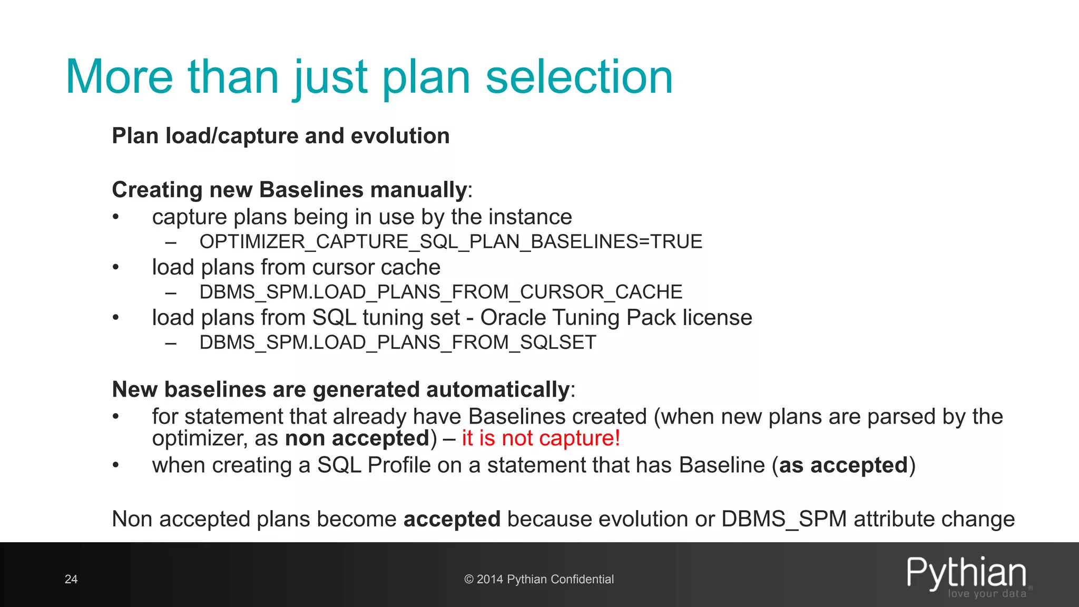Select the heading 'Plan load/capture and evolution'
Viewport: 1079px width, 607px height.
[x=280, y=136]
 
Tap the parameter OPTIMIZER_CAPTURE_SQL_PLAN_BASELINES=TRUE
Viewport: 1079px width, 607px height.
[x=450, y=242]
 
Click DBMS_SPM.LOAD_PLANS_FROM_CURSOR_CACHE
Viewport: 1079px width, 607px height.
[x=440, y=292]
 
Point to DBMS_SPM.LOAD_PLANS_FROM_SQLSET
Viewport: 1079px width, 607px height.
[x=397, y=342]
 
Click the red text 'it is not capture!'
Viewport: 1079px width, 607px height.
[x=541, y=438]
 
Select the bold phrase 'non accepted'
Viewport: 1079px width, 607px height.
[x=357, y=438]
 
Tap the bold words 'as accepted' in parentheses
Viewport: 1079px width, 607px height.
[x=843, y=465]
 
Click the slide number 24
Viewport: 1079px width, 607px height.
[x=71, y=579]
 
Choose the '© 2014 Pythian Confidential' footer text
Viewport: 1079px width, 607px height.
[x=539, y=579]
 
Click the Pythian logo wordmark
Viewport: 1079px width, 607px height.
[x=966, y=573]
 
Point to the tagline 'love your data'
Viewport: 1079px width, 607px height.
[x=987, y=594]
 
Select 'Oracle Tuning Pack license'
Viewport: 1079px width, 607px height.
[x=616, y=318]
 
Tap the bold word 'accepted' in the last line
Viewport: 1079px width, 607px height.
[x=452, y=519]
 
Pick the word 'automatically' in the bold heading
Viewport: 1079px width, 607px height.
[x=497, y=390]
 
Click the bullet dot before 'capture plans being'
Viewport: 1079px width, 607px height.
[x=116, y=217]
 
